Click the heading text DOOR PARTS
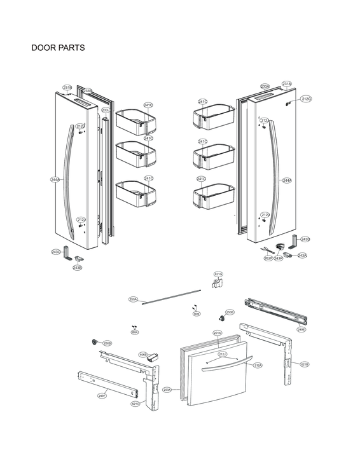coord(58,48)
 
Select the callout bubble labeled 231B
coord(67,87)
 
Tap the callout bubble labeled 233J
coord(106,111)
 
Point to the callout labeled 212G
coord(307,99)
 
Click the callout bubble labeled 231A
coord(287,84)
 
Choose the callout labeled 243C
coord(56,252)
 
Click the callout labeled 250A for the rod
coord(133,299)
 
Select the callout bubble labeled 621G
coord(218,274)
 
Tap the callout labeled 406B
coord(143,354)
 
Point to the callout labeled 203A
coord(167,390)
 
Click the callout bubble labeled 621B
coord(305,364)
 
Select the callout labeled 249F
coord(101,395)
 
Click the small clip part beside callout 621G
coord(216,283)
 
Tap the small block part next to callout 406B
coord(153,358)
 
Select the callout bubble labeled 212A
coord(258,366)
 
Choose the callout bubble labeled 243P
coord(279,259)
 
